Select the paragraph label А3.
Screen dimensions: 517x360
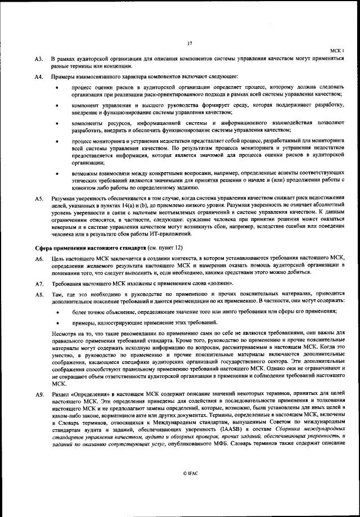[x=39, y=59]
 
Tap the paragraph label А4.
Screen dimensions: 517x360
[x=39, y=77]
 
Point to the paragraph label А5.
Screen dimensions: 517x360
[x=39, y=199]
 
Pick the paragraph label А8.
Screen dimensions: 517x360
[x=39, y=294]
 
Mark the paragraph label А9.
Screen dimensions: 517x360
[x=39, y=394]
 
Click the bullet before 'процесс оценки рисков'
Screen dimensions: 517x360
[x=57, y=88]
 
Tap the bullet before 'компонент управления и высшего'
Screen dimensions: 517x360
[x=57, y=106]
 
